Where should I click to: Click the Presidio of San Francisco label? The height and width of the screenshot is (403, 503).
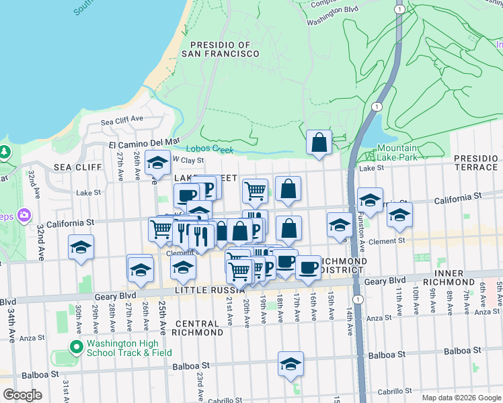point(215,48)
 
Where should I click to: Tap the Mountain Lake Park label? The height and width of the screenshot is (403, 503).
point(397,152)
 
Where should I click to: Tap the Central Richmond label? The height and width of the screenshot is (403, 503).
point(198,328)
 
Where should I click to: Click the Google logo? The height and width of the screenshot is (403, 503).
point(23,395)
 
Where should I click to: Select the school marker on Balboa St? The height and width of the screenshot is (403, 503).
point(291,363)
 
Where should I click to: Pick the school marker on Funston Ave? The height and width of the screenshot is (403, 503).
point(369,199)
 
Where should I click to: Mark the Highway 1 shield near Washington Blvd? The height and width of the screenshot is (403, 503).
point(399,9)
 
